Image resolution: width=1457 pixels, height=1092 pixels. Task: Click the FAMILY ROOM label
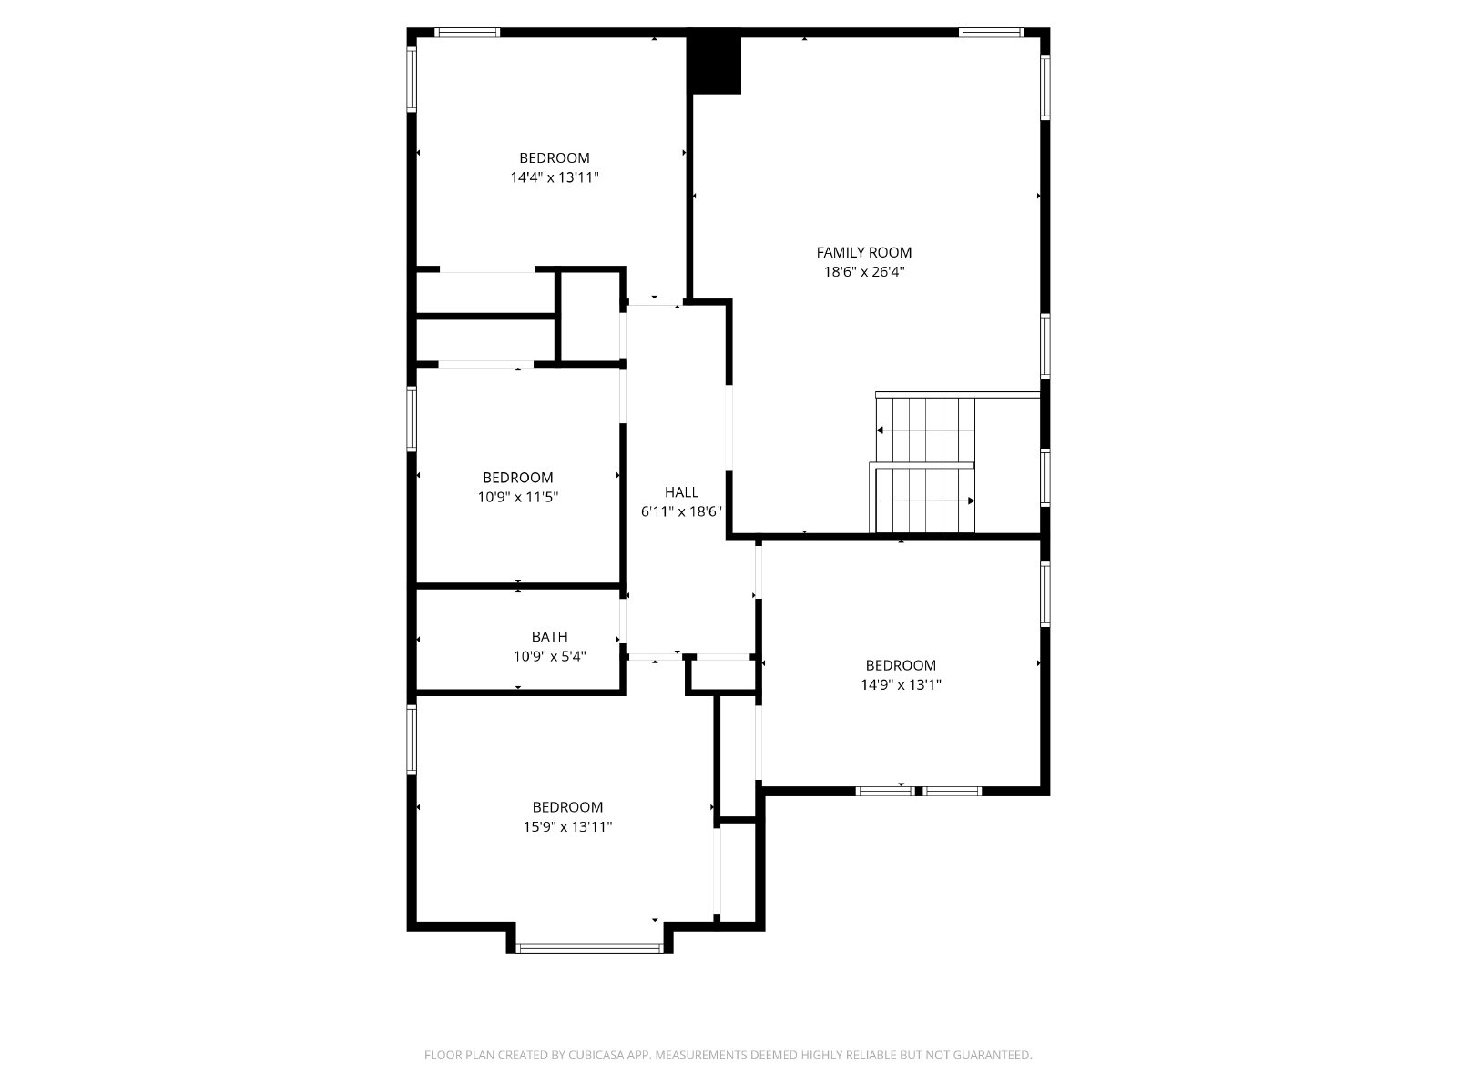[x=863, y=253]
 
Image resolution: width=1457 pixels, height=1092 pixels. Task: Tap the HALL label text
[x=681, y=492]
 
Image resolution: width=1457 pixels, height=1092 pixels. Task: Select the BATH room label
[x=550, y=636]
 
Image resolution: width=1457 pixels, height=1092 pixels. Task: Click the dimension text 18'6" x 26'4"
[x=864, y=272]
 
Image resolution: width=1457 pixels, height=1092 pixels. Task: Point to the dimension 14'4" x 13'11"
[x=555, y=177]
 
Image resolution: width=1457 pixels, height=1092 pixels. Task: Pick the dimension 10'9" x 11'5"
[x=518, y=497]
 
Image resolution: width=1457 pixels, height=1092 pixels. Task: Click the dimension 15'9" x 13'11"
[x=567, y=826]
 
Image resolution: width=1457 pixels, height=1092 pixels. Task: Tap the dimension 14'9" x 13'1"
[x=901, y=684]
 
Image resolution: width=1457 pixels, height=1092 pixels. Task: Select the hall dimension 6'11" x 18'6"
[x=681, y=511]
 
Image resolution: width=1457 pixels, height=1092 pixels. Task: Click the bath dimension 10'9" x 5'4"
[x=550, y=656]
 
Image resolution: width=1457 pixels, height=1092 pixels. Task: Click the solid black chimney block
[x=714, y=65]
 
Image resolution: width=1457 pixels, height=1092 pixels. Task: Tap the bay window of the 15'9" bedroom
[x=589, y=948]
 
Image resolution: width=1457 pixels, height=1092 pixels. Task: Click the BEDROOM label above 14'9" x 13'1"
[x=901, y=665]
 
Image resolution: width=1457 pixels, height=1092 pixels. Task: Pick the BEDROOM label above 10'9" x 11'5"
[x=518, y=478]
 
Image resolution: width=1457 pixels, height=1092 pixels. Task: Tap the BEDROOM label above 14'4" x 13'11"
[x=555, y=157]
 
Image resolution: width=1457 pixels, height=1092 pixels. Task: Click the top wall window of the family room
[x=991, y=32]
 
